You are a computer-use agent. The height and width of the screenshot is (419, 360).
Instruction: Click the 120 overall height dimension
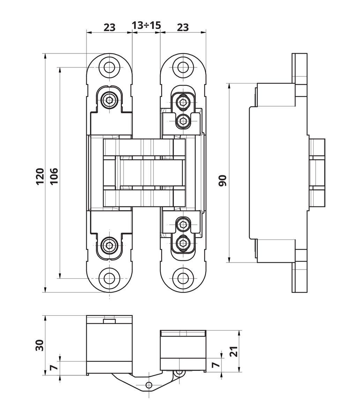coord(40,176)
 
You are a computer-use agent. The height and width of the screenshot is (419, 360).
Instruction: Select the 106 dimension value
coord(54,176)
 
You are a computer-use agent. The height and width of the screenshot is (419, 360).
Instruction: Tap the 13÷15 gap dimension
coord(146,26)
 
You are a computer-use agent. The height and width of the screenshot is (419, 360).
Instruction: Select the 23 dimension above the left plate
coord(109,27)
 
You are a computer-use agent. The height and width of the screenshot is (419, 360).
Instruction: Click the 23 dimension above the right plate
coord(182,27)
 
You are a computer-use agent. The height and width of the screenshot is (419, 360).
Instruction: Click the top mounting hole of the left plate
coord(110,67)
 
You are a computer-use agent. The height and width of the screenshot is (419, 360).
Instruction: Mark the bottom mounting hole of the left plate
coord(110,278)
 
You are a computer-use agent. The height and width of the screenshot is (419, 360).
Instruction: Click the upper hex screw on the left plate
coord(110,100)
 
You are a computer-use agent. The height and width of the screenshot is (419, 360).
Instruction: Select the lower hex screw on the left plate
coord(110,244)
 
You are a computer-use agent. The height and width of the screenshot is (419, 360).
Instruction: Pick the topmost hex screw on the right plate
coord(182,102)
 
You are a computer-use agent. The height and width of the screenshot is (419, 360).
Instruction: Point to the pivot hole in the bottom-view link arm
coord(149,385)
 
